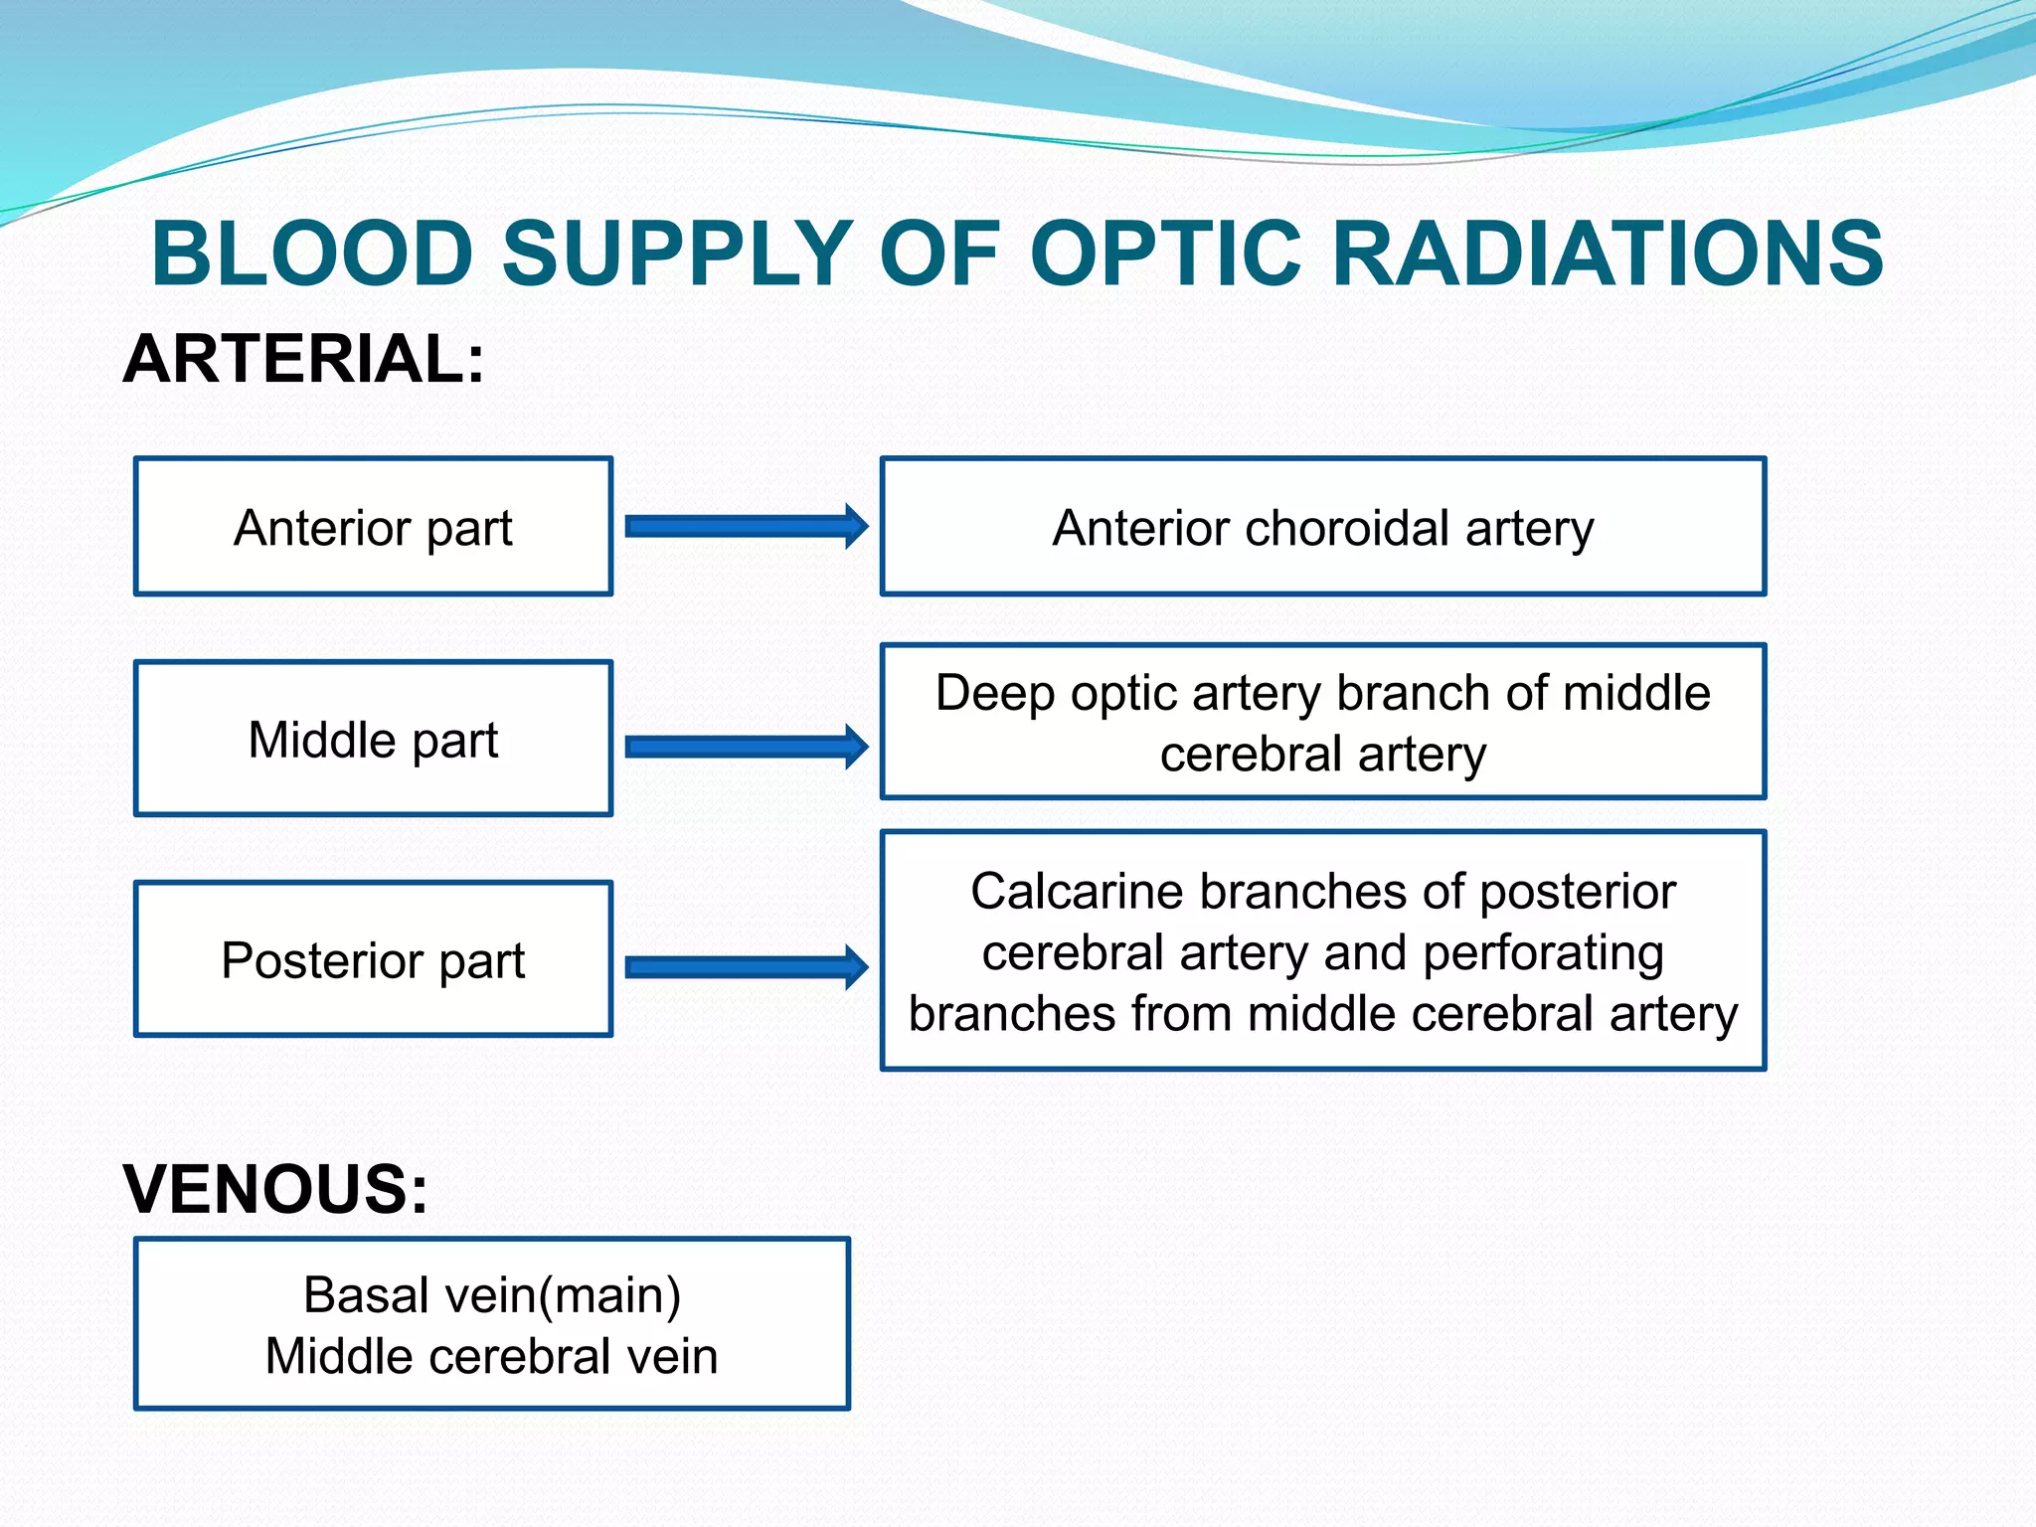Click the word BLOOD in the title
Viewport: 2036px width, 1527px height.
(x=311, y=254)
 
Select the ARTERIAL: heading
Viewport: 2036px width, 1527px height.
(x=303, y=359)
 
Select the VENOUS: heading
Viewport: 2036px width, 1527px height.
(x=275, y=1189)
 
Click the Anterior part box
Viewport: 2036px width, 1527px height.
(x=373, y=527)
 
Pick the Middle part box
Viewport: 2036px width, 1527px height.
(x=373, y=739)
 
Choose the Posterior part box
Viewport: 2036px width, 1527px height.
(x=373, y=959)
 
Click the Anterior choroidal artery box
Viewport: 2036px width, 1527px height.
(x=1322, y=527)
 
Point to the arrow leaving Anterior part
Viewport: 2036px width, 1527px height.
(x=746, y=526)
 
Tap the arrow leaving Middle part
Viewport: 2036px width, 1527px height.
(x=746, y=747)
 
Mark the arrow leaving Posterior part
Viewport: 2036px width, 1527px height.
(x=746, y=967)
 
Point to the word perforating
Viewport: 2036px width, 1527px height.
(x=1543, y=954)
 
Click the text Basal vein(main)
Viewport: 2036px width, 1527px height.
(x=492, y=1295)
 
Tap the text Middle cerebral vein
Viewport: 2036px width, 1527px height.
(x=492, y=1357)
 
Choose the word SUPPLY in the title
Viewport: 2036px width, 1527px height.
(x=677, y=254)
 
